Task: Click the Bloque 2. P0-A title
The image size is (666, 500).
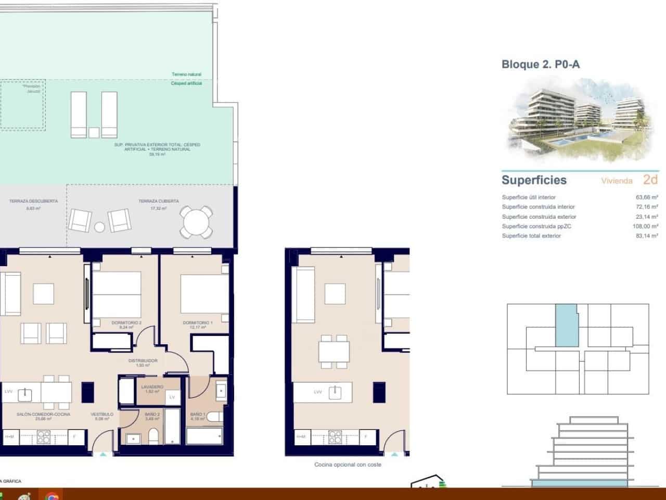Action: tap(540, 65)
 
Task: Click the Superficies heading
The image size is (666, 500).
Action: tap(534, 180)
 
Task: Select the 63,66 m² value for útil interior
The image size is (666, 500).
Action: tap(647, 197)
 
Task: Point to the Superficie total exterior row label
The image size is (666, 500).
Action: tap(531, 236)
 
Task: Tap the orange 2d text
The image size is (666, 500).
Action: tap(650, 180)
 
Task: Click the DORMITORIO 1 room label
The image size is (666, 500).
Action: tap(198, 323)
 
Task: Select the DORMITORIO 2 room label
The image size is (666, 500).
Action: tap(126, 323)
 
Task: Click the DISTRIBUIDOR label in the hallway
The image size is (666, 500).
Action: tap(143, 360)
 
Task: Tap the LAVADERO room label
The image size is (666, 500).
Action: tap(152, 387)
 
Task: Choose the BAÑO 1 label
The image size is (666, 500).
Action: tap(198, 414)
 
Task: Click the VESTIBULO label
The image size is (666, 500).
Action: tap(102, 414)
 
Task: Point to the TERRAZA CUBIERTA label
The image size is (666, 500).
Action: tap(159, 201)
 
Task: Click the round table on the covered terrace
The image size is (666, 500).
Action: tap(196, 222)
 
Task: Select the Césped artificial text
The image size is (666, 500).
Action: tap(186, 83)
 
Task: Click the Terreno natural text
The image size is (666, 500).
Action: tap(186, 74)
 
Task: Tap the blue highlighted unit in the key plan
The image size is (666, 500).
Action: tap(567, 326)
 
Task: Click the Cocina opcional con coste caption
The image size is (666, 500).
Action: tap(348, 465)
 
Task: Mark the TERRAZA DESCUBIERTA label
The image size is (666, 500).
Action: tap(33, 201)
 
